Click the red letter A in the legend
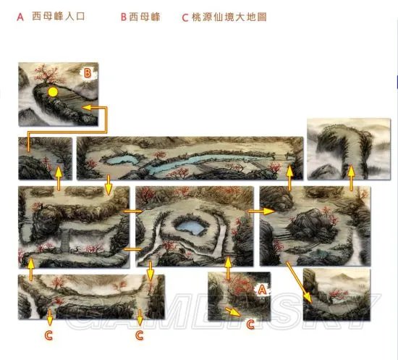pos(20,15)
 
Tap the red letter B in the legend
pos(124,16)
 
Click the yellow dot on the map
pos(52,92)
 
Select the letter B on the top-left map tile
pos(87,72)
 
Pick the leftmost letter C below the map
pos(48,335)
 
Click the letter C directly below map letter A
pos(251,324)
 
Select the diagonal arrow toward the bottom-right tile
pos(299,283)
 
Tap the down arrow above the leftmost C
pos(49,317)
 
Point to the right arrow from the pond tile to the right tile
pos(258,211)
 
